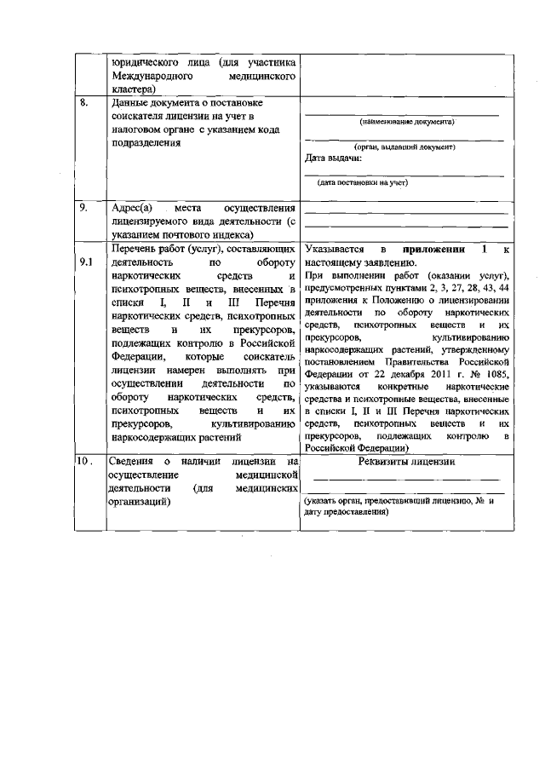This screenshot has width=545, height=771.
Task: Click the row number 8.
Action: (x=83, y=104)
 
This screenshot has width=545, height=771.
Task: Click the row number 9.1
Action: (x=85, y=262)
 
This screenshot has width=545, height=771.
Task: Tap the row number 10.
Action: (x=84, y=461)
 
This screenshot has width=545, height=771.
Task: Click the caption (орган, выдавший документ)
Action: (x=404, y=147)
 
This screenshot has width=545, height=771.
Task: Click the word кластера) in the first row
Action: (x=133, y=88)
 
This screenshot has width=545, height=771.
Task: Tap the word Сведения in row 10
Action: (x=135, y=461)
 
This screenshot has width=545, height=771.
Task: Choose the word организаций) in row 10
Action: (x=141, y=503)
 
